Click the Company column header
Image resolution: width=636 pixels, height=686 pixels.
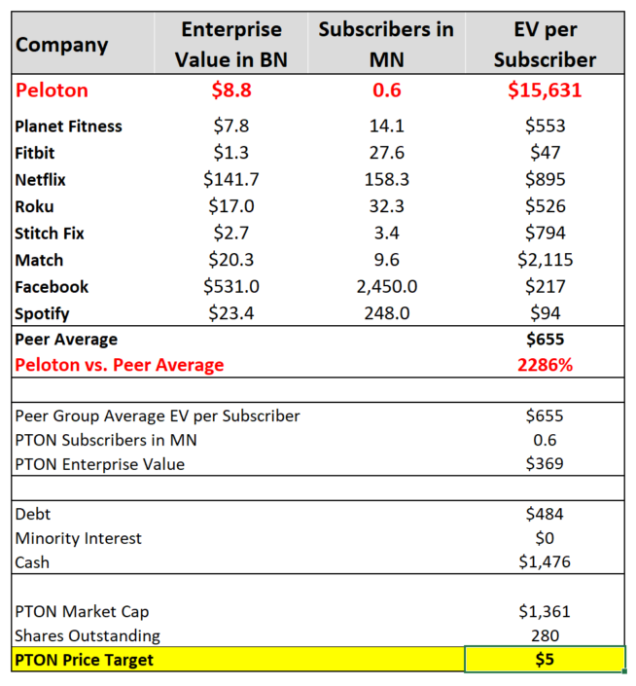(x=62, y=44)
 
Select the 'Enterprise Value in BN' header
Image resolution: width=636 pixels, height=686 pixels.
(x=231, y=44)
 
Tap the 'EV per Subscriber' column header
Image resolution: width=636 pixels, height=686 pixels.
(x=544, y=44)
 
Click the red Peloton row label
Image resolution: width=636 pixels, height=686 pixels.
(x=52, y=90)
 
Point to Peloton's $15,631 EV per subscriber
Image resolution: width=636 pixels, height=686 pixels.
(x=544, y=90)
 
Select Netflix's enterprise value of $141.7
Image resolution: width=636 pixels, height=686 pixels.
(x=231, y=179)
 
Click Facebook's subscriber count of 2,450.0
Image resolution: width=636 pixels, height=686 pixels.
(x=386, y=286)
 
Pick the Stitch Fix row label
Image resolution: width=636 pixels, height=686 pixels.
(x=51, y=233)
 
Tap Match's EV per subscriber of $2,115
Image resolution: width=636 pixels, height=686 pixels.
(x=544, y=260)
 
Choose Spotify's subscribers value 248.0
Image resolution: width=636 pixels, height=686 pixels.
(x=386, y=313)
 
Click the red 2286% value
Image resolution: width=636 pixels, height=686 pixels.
(x=544, y=365)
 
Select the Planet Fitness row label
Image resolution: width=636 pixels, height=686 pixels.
(x=69, y=126)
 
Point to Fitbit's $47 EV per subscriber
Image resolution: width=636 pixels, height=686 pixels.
(x=544, y=153)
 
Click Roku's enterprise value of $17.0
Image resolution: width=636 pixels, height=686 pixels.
(x=231, y=206)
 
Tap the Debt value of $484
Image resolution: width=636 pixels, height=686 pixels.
(x=544, y=513)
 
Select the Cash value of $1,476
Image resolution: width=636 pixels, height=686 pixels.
(x=544, y=561)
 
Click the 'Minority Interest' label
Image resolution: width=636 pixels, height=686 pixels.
(x=79, y=538)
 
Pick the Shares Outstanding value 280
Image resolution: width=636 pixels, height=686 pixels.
(x=544, y=635)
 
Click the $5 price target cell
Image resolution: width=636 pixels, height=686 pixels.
(x=544, y=661)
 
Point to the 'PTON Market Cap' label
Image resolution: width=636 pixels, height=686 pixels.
(x=83, y=611)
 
